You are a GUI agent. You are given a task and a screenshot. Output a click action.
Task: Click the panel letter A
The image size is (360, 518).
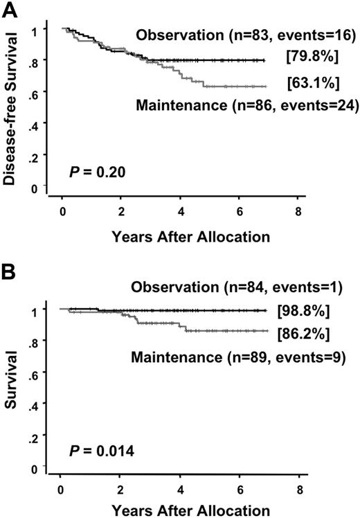tap(10, 9)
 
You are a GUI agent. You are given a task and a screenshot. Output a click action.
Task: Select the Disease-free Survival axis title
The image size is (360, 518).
tap(12, 110)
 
